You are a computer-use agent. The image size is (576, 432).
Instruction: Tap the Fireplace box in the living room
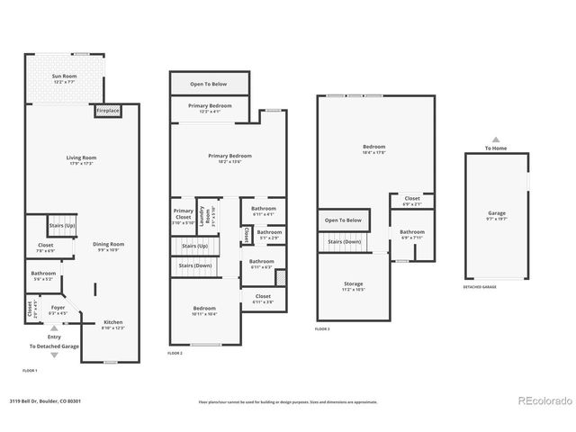(106, 111)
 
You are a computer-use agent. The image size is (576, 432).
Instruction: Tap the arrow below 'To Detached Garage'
(53, 355)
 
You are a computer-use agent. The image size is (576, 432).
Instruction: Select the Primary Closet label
(183, 216)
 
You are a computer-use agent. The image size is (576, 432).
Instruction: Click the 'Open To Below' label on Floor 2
(209, 84)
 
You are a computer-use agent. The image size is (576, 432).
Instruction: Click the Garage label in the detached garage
(497, 216)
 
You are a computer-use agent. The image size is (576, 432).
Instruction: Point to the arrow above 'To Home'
(495, 139)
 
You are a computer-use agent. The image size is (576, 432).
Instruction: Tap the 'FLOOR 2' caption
(175, 353)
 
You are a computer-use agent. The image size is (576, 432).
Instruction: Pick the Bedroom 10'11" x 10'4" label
(204, 310)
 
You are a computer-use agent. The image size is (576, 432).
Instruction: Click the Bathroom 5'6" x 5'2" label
(43, 275)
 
